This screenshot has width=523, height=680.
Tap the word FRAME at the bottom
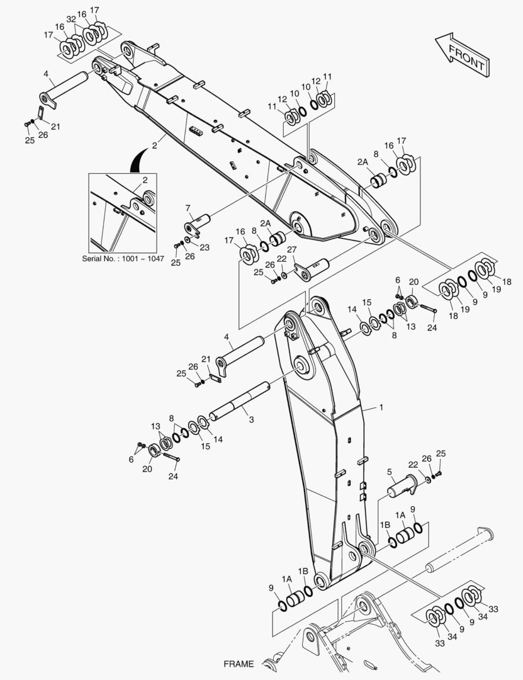[239, 664]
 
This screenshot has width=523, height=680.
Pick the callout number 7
[188, 208]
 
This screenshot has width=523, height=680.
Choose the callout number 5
[390, 471]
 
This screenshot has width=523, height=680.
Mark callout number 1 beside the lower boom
[381, 407]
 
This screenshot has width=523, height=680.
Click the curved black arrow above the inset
[138, 161]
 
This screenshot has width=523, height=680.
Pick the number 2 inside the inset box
[145, 180]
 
